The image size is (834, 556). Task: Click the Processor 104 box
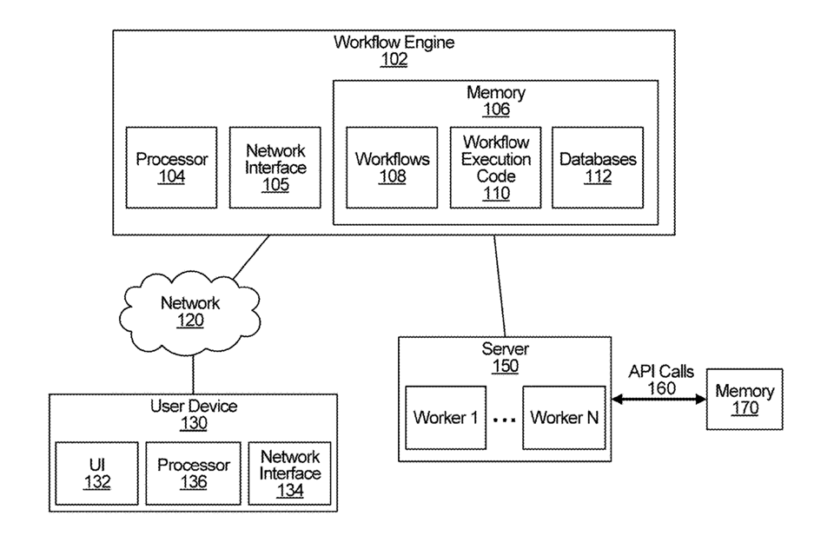tap(172, 168)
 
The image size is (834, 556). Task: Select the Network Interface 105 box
tap(275, 168)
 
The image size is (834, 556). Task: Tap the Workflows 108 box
tap(392, 168)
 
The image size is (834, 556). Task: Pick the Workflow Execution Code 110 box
tap(495, 168)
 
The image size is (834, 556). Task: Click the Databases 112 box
tap(598, 168)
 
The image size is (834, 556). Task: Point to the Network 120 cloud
tap(190, 311)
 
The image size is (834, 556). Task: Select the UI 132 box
tap(97, 473)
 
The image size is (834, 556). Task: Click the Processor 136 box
tap(193, 473)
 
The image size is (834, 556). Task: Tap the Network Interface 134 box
tap(290, 473)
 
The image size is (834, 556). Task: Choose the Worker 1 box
tap(447, 418)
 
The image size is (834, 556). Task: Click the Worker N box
tap(564, 418)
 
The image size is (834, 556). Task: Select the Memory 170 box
tap(745, 400)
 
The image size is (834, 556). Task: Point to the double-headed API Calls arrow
tap(660, 400)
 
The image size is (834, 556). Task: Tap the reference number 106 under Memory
tap(496, 109)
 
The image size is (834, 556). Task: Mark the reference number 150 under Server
tap(505, 366)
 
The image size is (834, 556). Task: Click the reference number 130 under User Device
tap(193, 423)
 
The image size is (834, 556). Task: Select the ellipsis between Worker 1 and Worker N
tap(505, 420)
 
